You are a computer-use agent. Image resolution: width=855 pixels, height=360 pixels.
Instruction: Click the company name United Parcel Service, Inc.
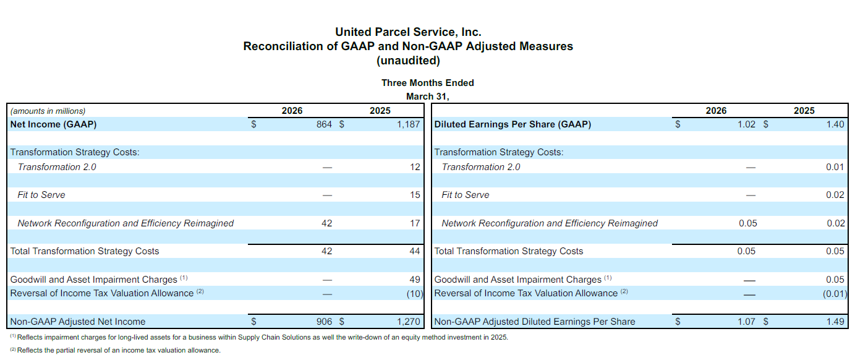[x=408, y=32]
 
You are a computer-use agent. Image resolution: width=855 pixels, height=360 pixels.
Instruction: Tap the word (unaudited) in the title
[x=408, y=61]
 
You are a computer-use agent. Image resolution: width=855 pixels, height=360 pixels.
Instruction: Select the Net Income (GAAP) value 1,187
[x=409, y=124]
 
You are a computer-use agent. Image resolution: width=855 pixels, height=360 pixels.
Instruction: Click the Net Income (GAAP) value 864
[x=325, y=124]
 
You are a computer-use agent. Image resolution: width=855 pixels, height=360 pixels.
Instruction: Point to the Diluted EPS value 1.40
[x=835, y=124]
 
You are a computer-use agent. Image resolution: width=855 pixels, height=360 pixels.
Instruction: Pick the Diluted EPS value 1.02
[x=747, y=124]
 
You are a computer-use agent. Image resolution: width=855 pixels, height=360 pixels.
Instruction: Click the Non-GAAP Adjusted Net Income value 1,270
[x=409, y=322]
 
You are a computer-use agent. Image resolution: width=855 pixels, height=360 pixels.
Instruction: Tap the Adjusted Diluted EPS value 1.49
[x=835, y=322]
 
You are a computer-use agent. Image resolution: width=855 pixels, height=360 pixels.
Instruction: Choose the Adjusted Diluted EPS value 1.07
[x=747, y=322]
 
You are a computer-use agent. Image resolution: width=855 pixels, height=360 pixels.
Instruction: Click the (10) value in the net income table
[x=414, y=293]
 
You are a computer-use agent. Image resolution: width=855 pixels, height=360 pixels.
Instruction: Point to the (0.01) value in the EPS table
[x=835, y=293]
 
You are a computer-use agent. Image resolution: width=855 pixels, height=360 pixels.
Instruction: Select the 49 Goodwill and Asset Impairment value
[x=415, y=280]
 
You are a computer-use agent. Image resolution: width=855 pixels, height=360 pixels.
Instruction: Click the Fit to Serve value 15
[x=415, y=195]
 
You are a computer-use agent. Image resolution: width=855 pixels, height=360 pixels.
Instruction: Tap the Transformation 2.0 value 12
[x=415, y=167]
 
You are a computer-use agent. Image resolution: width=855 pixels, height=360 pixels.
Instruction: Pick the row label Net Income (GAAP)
[x=54, y=124]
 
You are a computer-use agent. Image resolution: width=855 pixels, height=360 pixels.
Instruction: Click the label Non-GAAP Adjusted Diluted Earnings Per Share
[x=535, y=322]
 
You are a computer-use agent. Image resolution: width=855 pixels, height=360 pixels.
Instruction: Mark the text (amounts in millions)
[x=48, y=111]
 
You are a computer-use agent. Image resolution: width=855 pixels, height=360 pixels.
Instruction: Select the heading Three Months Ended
[x=428, y=83]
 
